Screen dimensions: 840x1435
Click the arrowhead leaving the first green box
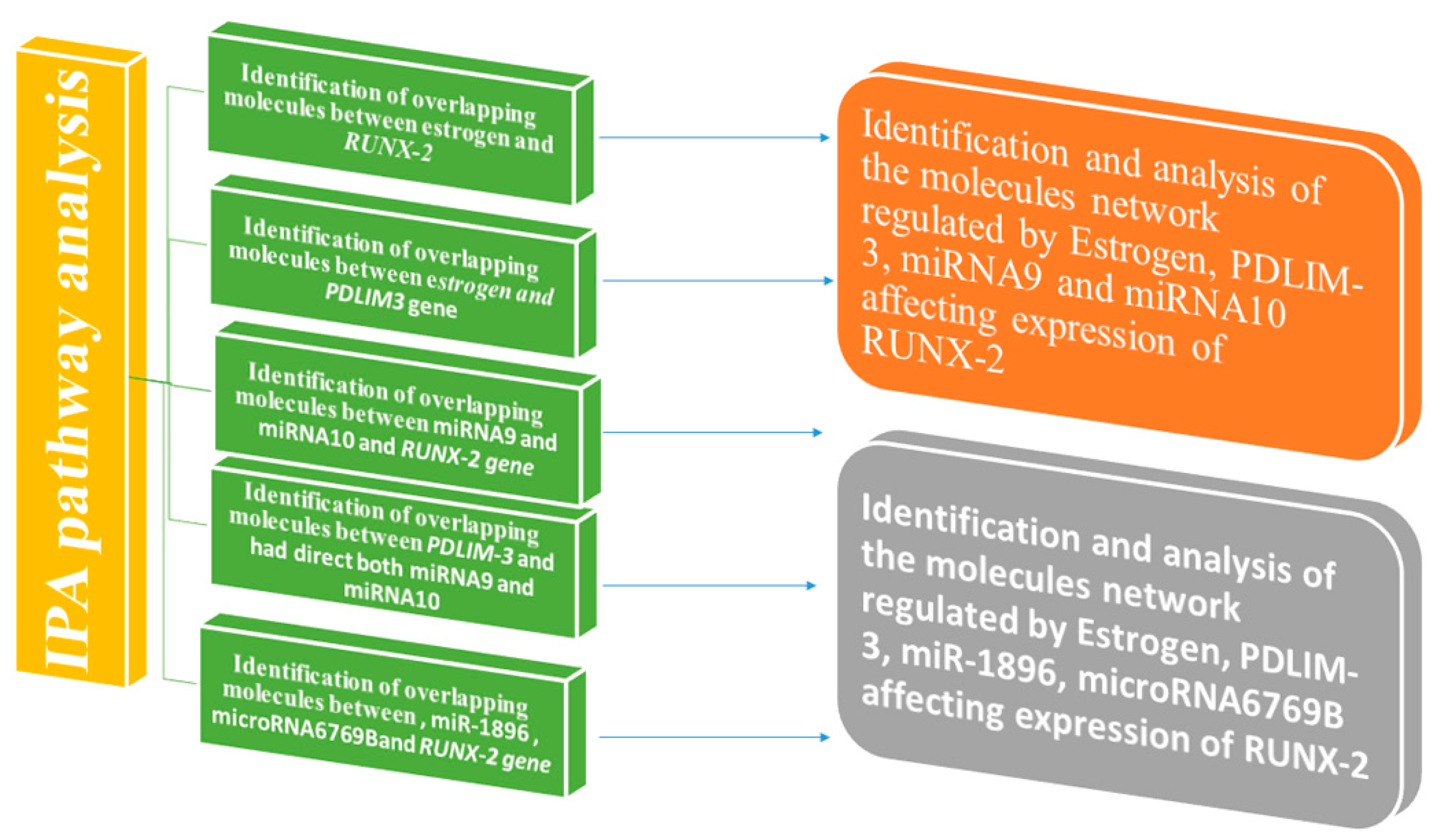pyautogui.click(x=824, y=137)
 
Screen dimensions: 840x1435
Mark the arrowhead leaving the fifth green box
pyautogui.click(x=824, y=737)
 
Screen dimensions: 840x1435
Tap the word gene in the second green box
pyautogui.click(x=432, y=308)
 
